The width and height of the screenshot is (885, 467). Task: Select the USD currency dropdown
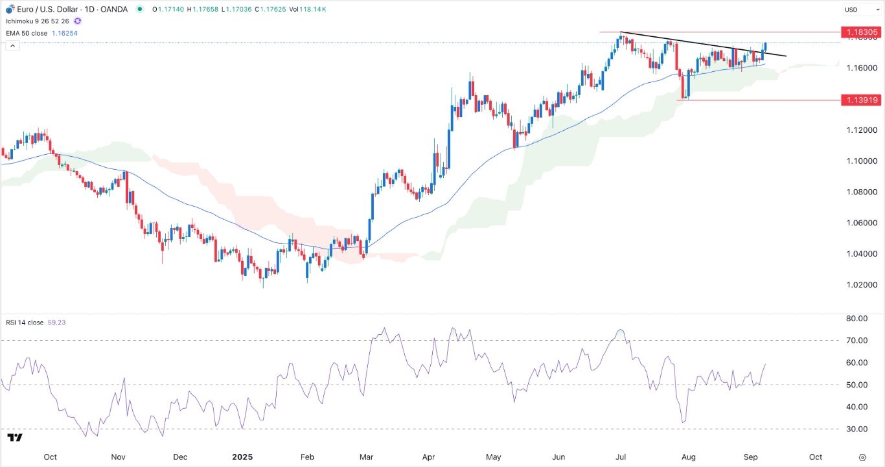coord(859,10)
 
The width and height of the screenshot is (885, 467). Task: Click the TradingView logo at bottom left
coord(16,438)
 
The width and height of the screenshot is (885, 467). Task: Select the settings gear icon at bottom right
coord(862,457)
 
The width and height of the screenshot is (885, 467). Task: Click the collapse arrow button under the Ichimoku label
coord(12,46)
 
